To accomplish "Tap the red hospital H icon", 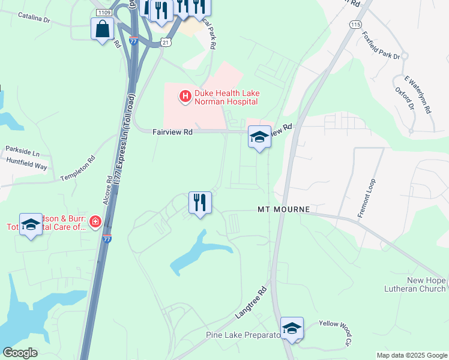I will pyautogui.click(x=185, y=95).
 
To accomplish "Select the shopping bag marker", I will pyautogui.click(x=102, y=29).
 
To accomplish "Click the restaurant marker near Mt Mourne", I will pyautogui.click(x=200, y=202).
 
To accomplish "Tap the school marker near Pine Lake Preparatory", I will pyautogui.click(x=292, y=329).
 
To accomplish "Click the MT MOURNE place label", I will pyautogui.click(x=283, y=209).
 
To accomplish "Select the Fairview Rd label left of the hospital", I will pyautogui.click(x=172, y=132).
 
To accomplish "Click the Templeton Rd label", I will pyautogui.click(x=78, y=169).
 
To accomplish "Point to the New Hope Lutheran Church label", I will pyautogui.click(x=418, y=284).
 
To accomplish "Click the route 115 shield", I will pyautogui.click(x=355, y=24).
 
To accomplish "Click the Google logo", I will pyautogui.click(x=20, y=353).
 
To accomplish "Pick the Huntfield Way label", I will pyautogui.click(x=26, y=164).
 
